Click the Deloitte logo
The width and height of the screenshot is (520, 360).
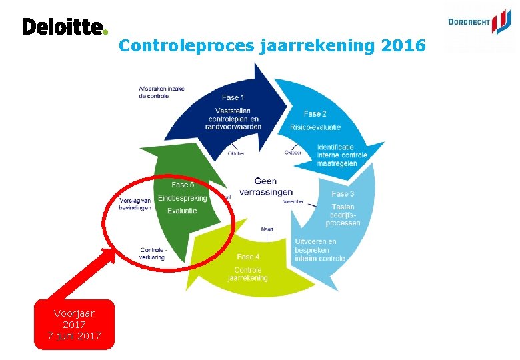(x=64, y=27)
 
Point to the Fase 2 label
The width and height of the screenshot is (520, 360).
(x=315, y=114)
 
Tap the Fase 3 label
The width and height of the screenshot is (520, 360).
(x=343, y=194)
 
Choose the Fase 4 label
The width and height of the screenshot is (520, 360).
(x=248, y=257)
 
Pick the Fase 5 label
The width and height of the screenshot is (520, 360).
(x=183, y=185)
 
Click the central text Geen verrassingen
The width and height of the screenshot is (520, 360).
(x=265, y=187)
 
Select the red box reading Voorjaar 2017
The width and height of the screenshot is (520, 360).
(x=75, y=324)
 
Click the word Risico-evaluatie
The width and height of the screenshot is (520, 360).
(x=315, y=127)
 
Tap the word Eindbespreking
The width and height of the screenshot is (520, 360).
(x=183, y=198)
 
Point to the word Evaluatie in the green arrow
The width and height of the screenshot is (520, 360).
(x=182, y=211)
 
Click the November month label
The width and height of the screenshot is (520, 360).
(x=293, y=201)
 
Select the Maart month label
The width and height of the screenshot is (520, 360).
(x=267, y=229)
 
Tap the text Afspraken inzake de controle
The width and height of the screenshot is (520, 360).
(x=162, y=92)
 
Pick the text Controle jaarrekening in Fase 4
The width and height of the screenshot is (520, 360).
(x=250, y=274)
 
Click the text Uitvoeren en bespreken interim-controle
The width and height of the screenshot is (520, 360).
(x=320, y=250)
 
